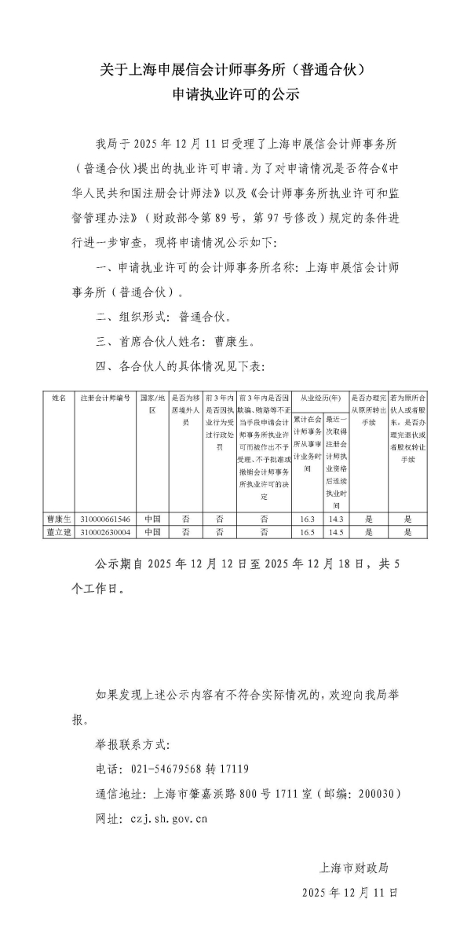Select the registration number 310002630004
[x=104, y=531]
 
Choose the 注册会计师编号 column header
[x=104, y=398]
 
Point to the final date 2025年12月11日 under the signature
[x=350, y=892]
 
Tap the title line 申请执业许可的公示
[x=236, y=94]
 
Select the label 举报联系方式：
[x=133, y=743]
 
